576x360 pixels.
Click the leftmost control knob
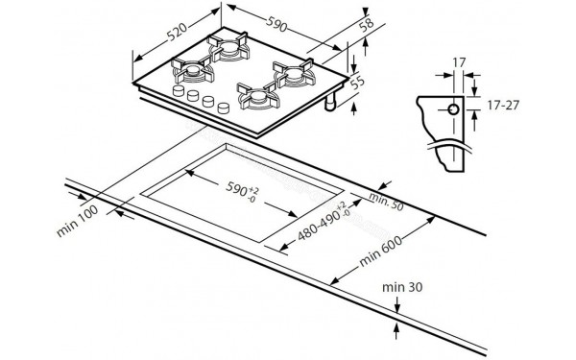[178, 90]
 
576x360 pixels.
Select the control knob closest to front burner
[222, 107]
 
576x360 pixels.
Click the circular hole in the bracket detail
[452, 109]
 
